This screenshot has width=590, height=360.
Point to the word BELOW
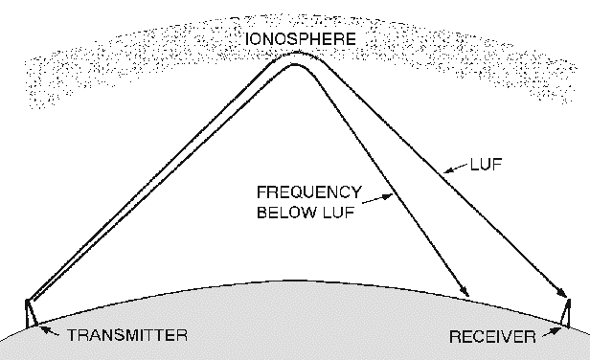pos(285,212)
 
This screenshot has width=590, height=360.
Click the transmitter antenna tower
pos(30,312)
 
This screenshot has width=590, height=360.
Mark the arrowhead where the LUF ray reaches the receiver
pos(559,291)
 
